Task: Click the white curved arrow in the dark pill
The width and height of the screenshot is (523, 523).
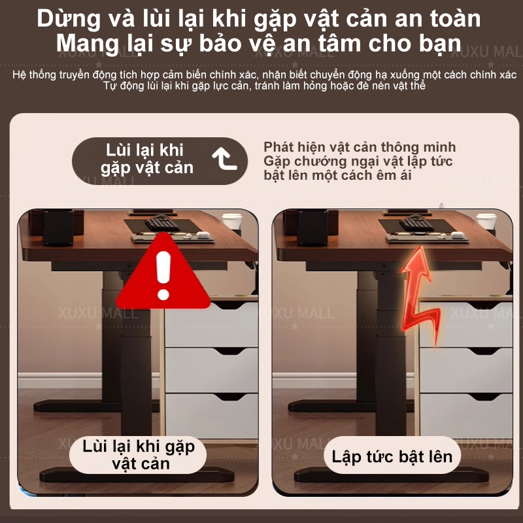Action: pyautogui.click(x=224, y=159)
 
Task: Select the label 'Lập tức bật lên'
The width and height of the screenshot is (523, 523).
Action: pyautogui.click(x=392, y=456)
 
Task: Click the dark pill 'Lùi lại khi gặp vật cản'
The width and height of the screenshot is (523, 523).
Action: pyautogui.click(x=160, y=161)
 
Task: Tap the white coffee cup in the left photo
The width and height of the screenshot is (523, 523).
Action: pyautogui.click(x=232, y=221)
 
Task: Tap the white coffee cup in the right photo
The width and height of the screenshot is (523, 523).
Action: pyautogui.click(x=486, y=221)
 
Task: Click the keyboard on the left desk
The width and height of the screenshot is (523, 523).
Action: pyautogui.click(x=161, y=223)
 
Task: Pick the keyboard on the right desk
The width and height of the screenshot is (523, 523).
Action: pyautogui.click(x=416, y=223)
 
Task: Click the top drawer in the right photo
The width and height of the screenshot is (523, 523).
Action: pyautogui.click(x=465, y=324)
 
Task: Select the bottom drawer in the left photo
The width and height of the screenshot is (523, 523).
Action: pyautogui.click(x=211, y=416)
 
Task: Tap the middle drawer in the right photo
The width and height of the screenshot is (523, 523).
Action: pyautogui.click(x=465, y=370)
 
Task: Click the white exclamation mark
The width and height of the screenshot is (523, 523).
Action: pyautogui.click(x=163, y=275)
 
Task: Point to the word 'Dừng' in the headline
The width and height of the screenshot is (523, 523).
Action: pyautogui.click(x=69, y=19)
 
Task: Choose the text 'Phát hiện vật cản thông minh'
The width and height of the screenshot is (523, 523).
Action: pyautogui.click(x=360, y=147)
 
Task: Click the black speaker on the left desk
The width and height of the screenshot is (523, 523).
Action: pyautogui.click(x=58, y=228)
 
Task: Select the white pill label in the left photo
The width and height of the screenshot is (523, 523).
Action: pyautogui.click(x=138, y=455)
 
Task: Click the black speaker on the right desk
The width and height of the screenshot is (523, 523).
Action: pyautogui.click(x=312, y=228)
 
